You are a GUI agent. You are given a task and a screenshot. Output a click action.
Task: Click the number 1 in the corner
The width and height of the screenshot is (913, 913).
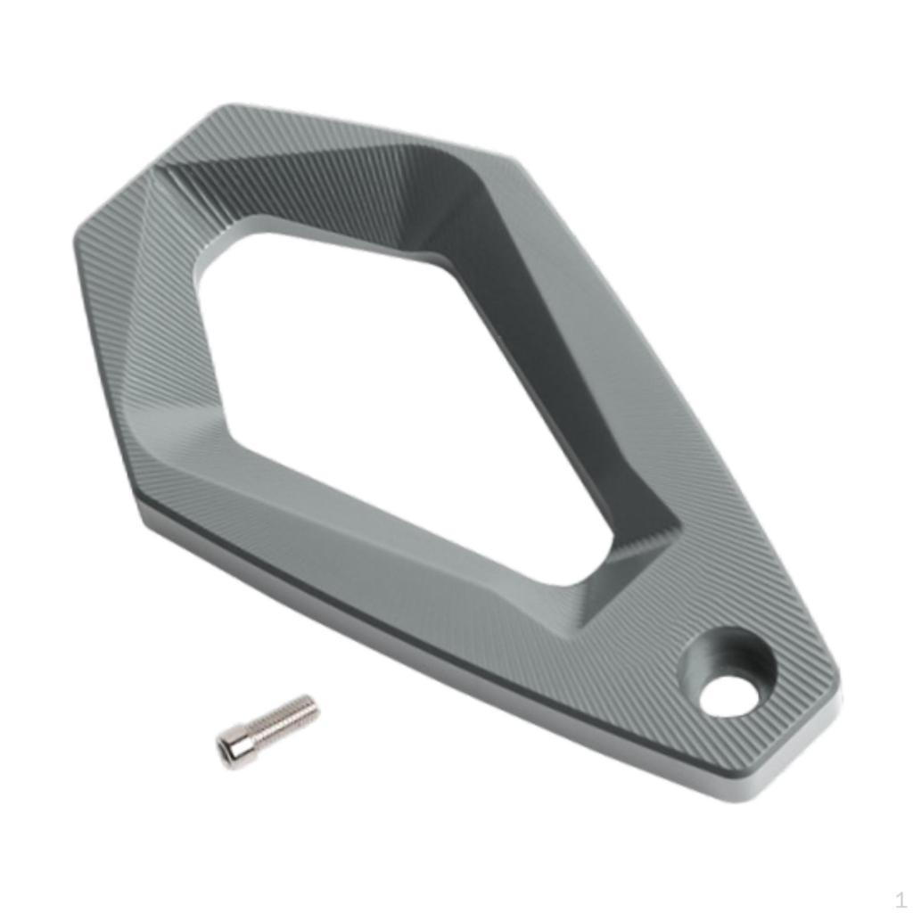pyautogui.click(x=900, y=899)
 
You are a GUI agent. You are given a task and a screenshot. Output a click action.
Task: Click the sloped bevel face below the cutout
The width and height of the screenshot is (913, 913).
pyautogui.click(x=401, y=526)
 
